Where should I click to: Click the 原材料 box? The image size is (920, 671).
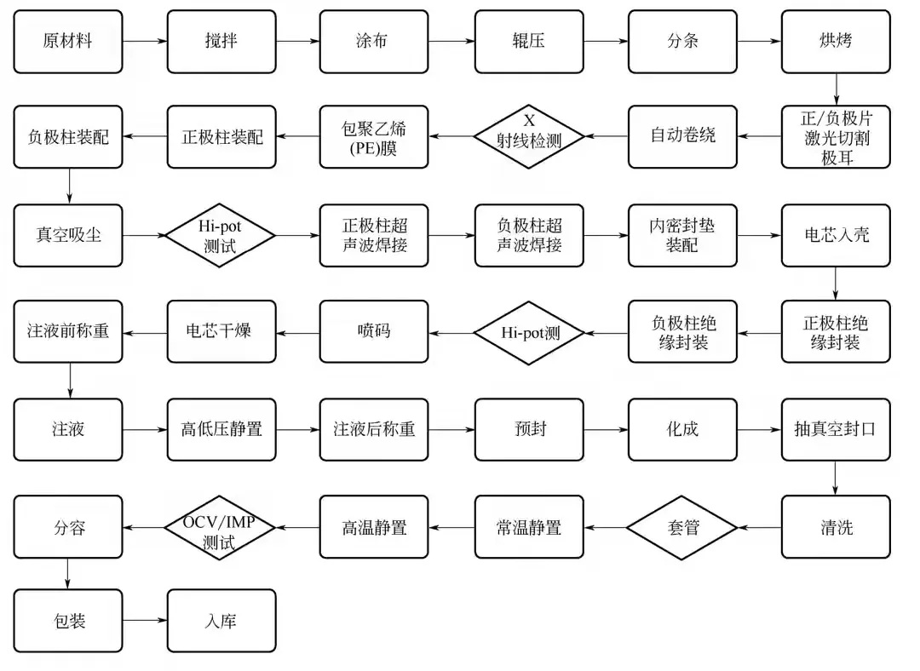[68, 42]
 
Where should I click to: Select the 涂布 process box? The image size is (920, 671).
[374, 42]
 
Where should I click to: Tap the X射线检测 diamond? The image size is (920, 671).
[529, 136]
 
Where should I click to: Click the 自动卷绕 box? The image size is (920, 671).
[682, 136]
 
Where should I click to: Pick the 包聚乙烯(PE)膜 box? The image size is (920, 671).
[374, 136]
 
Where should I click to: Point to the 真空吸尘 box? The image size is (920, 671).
[68, 235]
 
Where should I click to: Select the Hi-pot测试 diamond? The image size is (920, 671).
[220, 235]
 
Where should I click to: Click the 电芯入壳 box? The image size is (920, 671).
[836, 235]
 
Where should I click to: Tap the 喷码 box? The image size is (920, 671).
[374, 331]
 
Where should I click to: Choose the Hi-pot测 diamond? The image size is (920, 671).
[529, 333]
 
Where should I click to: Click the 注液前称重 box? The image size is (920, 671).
[68, 331]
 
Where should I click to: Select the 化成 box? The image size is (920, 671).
[682, 429]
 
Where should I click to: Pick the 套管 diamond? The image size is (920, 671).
[681, 527]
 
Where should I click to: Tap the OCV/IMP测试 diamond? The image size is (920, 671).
[220, 527]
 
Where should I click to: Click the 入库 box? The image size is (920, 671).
[221, 621]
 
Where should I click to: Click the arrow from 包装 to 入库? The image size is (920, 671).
[145, 621]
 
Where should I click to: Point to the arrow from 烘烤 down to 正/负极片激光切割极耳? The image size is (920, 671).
[837, 89]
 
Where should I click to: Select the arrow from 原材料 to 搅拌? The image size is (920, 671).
[145, 41]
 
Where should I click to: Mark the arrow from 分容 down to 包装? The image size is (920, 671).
[67, 574]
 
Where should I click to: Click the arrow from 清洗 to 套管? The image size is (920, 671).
[759, 527]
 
